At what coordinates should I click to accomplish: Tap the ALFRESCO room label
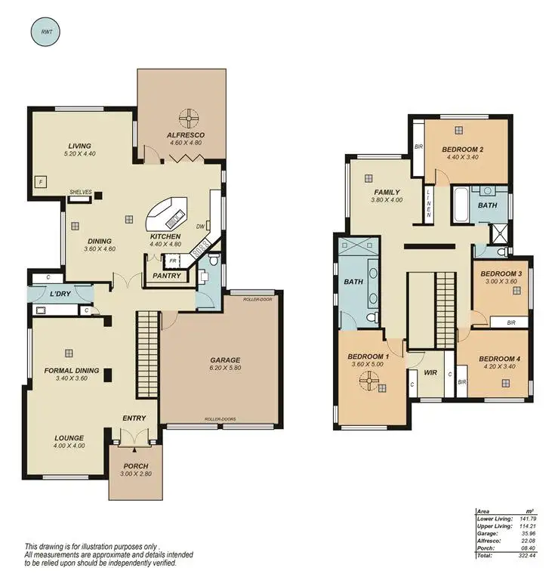[185, 134]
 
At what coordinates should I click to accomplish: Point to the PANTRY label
[166, 276]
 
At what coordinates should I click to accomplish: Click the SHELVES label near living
[80, 193]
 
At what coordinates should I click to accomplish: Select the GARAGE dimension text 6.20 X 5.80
[224, 370]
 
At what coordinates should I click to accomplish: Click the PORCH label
[134, 466]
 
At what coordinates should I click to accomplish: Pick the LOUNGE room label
[69, 438]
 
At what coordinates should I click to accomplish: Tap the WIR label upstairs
[430, 372]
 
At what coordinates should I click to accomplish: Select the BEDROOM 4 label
[499, 358]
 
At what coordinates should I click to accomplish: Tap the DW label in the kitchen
[201, 226]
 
